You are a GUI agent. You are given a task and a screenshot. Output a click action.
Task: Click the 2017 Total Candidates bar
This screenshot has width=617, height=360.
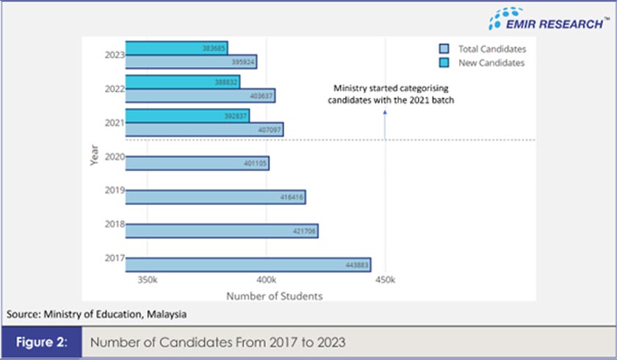pyautogui.click(x=248, y=264)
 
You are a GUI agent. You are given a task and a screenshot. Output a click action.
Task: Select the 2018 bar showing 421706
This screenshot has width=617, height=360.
pyautogui.click(x=221, y=231)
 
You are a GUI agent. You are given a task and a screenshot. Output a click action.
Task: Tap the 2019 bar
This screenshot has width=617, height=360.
pyautogui.click(x=215, y=197)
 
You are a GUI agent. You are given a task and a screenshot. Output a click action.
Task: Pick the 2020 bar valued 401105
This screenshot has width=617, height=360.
pyautogui.click(x=197, y=163)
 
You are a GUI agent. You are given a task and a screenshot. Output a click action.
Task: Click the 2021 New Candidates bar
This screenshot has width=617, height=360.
pyautogui.click(x=187, y=115)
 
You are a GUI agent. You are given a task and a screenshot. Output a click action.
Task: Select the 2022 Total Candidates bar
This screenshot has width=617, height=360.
pyautogui.click(x=200, y=96)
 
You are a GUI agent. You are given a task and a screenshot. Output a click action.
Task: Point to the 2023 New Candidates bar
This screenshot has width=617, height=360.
pyautogui.click(x=176, y=48)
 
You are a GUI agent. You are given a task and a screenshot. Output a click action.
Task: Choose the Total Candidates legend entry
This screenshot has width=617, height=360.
pyautogui.click(x=483, y=48)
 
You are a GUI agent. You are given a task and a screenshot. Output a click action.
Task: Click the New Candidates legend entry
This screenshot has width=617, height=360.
pyautogui.click(x=483, y=63)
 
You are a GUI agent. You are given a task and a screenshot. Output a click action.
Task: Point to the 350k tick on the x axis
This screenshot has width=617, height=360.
pyautogui.click(x=148, y=280)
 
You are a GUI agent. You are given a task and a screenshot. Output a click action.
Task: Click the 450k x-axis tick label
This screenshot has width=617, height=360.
pyautogui.click(x=386, y=280)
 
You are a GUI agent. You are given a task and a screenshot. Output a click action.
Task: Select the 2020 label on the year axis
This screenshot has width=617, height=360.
pyautogui.click(x=114, y=156)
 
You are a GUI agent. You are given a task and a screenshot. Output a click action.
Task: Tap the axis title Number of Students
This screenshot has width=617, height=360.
pyautogui.click(x=274, y=296)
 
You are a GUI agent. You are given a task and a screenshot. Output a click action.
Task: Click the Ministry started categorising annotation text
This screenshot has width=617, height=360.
pyautogui.click(x=390, y=96)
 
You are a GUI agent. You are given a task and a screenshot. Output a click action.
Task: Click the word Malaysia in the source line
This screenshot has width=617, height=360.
pyautogui.click(x=165, y=314)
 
